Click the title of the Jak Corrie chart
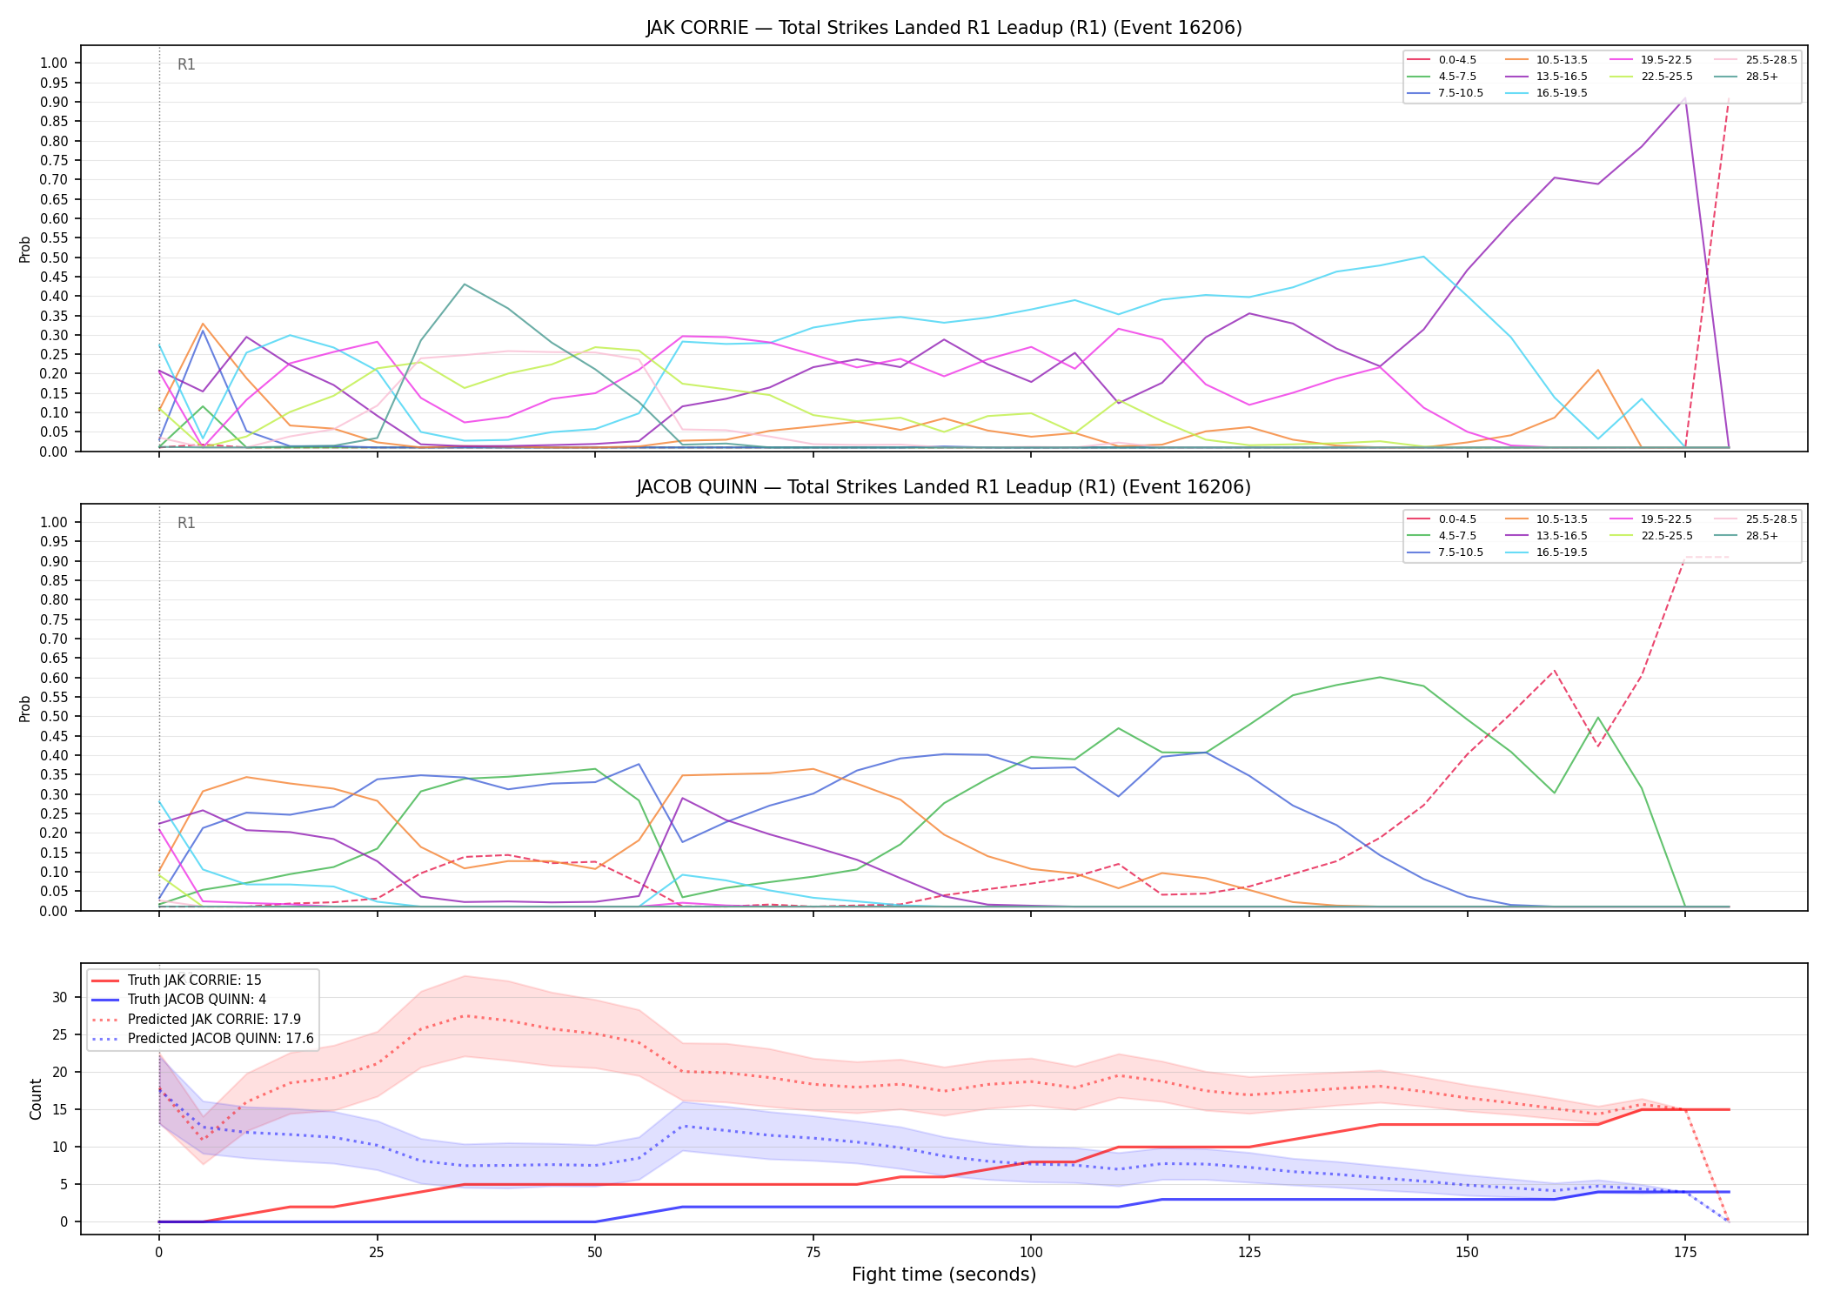point(944,28)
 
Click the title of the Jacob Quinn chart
point(944,487)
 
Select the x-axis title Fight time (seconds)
point(944,1275)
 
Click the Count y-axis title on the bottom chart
point(36,1099)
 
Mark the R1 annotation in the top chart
point(186,64)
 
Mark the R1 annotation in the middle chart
point(186,523)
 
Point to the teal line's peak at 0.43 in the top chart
point(465,284)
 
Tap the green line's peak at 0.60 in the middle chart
point(1380,677)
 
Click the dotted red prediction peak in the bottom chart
point(465,1015)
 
